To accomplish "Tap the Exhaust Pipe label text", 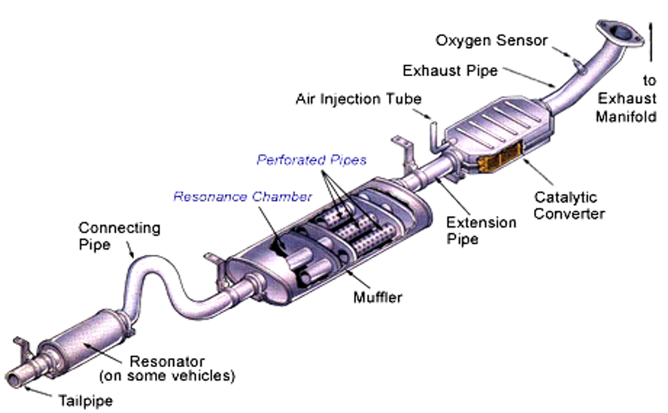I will (x=450, y=71).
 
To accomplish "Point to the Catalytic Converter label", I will (x=565, y=205).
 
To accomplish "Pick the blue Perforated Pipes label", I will (x=311, y=160).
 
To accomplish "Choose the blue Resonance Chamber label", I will (x=242, y=197).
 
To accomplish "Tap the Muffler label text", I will (x=378, y=297).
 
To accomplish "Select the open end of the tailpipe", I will (x=16, y=373).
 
